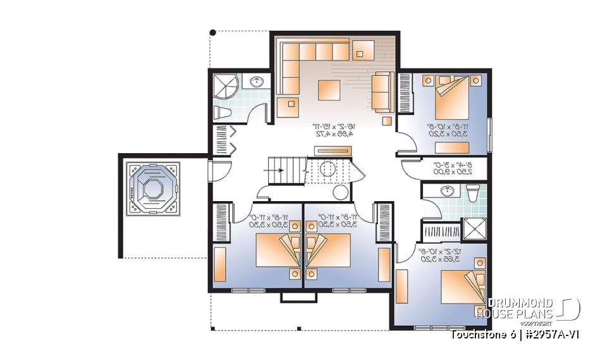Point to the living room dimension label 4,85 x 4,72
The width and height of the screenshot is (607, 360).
tap(334, 134)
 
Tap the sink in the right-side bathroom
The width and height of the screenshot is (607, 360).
tap(448, 190)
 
